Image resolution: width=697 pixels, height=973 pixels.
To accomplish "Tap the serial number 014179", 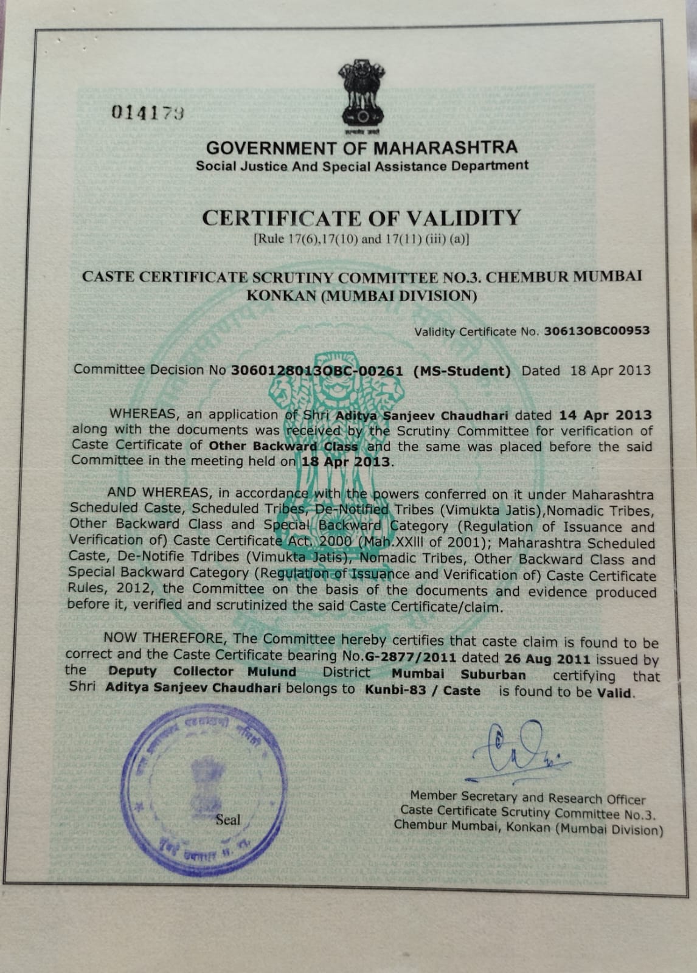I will tap(148, 113).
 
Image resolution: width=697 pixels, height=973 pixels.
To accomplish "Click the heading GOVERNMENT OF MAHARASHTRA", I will tap(362, 148).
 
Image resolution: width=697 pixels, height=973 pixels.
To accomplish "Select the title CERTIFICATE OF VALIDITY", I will tap(361, 218).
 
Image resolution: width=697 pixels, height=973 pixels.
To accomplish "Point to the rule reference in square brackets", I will tap(361, 239).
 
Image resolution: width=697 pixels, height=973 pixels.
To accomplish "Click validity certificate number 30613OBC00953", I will tap(597, 331).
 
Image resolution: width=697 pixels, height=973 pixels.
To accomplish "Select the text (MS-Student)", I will tap(462, 371).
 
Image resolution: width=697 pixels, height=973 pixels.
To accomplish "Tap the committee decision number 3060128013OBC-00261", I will tap(317, 370).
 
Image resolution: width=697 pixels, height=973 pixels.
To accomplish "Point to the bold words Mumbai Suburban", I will tap(459, 674).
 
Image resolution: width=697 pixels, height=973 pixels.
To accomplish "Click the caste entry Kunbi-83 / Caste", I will tap(422, 691).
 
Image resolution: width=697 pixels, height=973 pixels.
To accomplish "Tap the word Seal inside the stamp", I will tap(228, 820).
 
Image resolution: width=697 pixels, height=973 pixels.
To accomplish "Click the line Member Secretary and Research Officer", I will tap(527, 797).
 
